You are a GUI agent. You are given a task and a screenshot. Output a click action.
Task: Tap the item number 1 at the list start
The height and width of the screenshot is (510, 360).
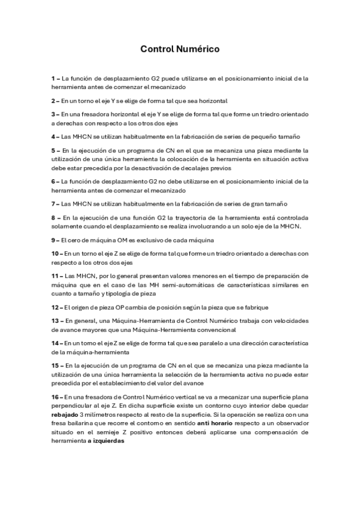point(53,78)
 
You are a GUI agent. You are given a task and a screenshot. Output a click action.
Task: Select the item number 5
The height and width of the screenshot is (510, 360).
point(53,150)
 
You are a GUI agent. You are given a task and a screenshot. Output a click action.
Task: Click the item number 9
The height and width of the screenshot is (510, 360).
point(53,240)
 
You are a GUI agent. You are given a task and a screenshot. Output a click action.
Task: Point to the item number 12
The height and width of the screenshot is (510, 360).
point(55,307)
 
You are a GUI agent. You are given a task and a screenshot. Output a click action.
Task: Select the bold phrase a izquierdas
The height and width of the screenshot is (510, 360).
point(105,441)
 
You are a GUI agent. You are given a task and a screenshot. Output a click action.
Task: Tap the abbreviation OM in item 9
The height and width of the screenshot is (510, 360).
point(120,240)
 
